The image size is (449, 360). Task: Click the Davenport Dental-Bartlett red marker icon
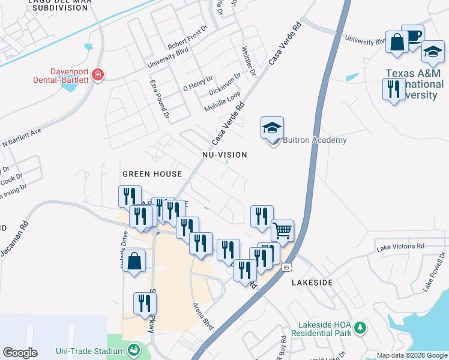[98, 75]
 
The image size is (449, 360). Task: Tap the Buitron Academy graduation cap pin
[272, 128]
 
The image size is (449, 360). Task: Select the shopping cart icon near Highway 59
[282, 230]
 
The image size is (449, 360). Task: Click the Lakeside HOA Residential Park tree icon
[360, 328]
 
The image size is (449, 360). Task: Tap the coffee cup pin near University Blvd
[412, 35]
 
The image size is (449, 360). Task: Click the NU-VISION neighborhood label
[224, 155]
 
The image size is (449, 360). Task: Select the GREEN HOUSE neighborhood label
[152, 174]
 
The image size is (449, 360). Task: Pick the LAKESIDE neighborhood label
[312, 281]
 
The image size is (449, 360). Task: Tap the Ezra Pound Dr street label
[160, 100]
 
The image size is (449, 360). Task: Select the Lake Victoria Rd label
[400, 246]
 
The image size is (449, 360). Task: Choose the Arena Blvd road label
[203, 316]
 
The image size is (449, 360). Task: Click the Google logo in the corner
[20, 353]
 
